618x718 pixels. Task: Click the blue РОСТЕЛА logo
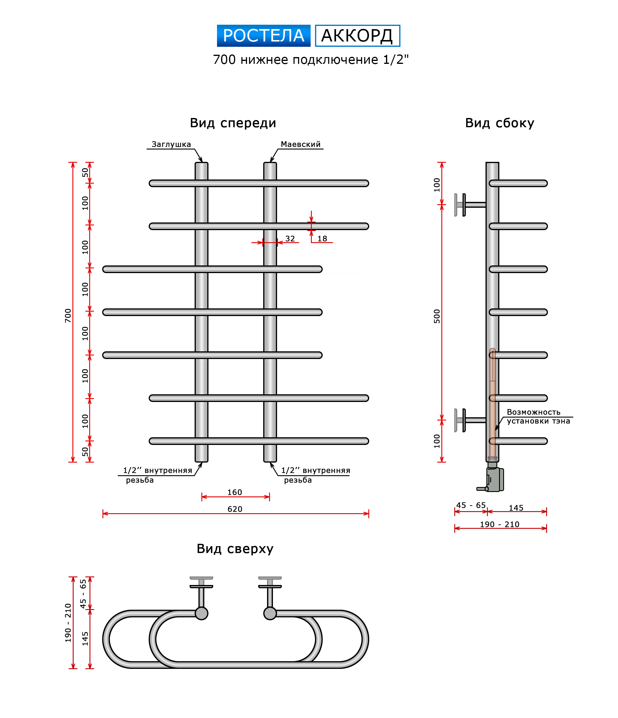(263, 36)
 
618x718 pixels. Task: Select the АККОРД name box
(357, 36)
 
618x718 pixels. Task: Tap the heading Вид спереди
(233, 123)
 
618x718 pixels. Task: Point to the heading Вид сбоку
(499, 123)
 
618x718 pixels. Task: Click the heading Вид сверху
(235, 549)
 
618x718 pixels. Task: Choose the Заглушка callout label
(171, 144)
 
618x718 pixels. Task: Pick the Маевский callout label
(300, 144)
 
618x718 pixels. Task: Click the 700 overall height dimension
(68, 315)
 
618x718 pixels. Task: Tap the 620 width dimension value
(235, 509)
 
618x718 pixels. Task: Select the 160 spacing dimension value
(235, 492)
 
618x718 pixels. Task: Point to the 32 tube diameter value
(290, 239)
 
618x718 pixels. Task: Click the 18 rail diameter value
(322, 239)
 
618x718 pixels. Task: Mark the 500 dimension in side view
(437, 316)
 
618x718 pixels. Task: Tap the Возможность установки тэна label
(538, 416)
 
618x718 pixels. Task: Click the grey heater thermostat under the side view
(494, 479)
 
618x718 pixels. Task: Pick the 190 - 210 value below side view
(499, 524)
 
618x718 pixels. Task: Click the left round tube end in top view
(201, 613)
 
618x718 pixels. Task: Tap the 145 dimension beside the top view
(85, 639)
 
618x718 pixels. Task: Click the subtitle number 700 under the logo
(224, 60)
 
